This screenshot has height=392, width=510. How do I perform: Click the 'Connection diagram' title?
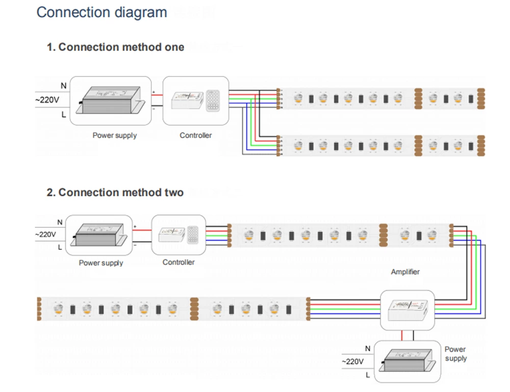tap(101, 12)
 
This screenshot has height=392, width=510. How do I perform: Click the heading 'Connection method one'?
tap(115, 47)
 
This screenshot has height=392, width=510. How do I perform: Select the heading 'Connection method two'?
tap(115, 193)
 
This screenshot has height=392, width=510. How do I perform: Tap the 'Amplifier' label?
tap(405, 272)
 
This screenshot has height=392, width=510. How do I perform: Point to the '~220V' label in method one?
tap(47, 100)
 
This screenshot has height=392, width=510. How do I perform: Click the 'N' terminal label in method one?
tap(63, 86)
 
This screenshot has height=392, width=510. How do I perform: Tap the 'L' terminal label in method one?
tap(63, 115)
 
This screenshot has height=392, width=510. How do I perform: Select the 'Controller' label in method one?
tap(195, 136)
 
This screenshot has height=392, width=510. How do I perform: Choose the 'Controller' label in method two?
tap(178, 262)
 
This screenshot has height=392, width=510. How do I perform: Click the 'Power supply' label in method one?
tap(114, 136)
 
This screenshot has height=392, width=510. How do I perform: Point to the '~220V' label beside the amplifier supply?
tap(352, 361)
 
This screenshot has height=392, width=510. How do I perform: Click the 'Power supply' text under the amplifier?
tap(455, 354)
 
